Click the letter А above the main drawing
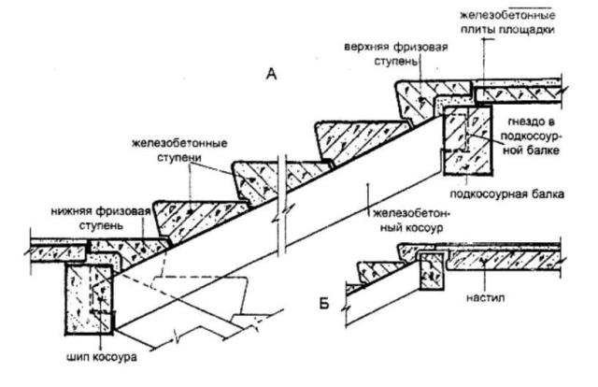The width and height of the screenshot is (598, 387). pos(271,74)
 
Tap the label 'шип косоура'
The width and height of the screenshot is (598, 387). pos(102,357)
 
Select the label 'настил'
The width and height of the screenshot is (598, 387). pos(485,297)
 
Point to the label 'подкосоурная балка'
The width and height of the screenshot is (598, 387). pos(506,193)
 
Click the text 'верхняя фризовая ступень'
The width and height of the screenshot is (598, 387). pos(396,54)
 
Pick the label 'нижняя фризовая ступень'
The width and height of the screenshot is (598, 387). pos(101,218)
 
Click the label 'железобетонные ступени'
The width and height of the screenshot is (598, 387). pos(179,150)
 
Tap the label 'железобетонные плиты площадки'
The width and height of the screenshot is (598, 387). pos(507,22)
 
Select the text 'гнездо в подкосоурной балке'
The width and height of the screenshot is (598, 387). pos(531,136)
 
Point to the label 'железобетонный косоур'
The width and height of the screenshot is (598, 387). pos(411,221)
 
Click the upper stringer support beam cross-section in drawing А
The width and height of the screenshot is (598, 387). pos(467,140)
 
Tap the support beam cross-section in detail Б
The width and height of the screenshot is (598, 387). pos(431,271)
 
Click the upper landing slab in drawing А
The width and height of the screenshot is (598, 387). pos(519,91)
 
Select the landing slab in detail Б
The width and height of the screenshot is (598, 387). pos(504,260)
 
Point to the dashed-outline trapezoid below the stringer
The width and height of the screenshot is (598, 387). pos(197,291)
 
